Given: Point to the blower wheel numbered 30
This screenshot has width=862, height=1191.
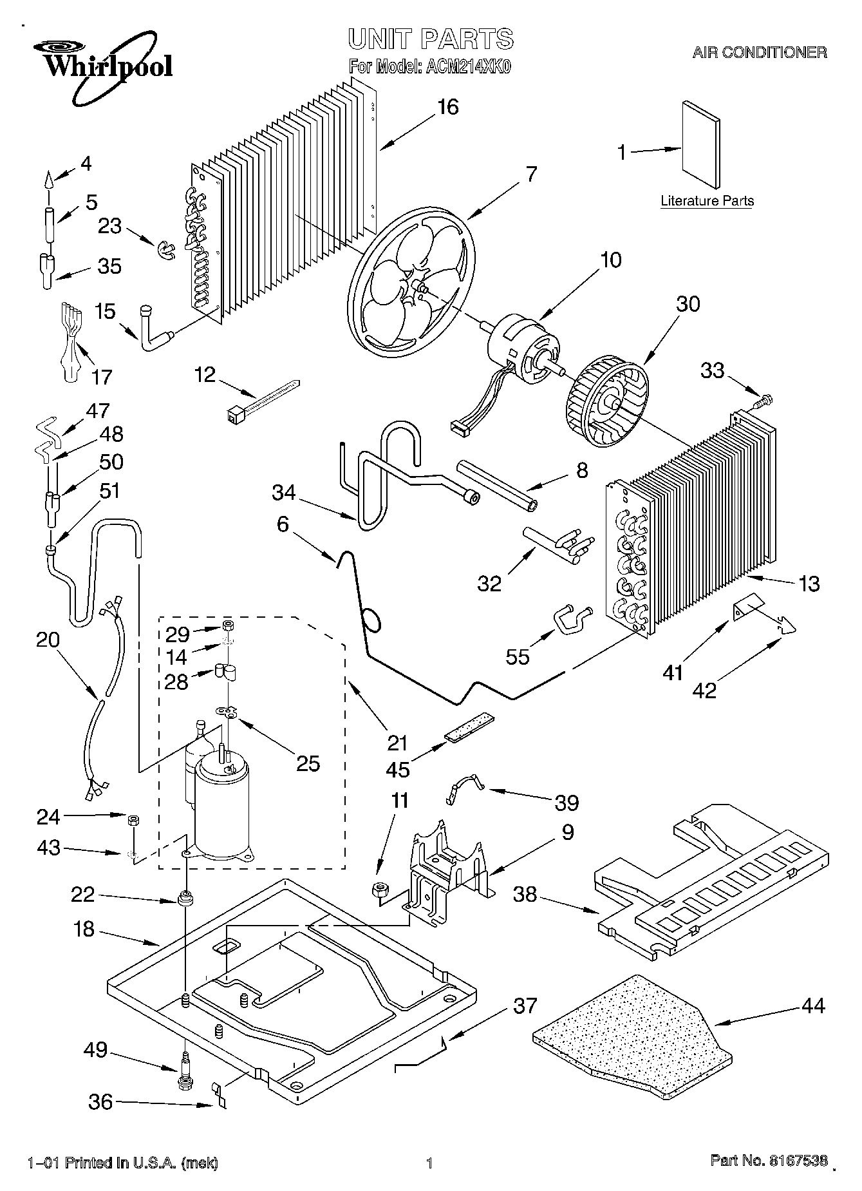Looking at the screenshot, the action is click(607, 404).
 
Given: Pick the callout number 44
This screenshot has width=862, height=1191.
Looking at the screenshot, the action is click(814, 1005).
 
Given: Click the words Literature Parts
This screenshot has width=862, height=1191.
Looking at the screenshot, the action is click(707, 201).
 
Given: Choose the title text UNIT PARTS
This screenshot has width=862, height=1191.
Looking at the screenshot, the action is click(431, 39).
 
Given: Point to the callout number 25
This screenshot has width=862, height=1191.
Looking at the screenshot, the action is click(308, 763).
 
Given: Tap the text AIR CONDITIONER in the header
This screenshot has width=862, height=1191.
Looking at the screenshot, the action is click(760, 53).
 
